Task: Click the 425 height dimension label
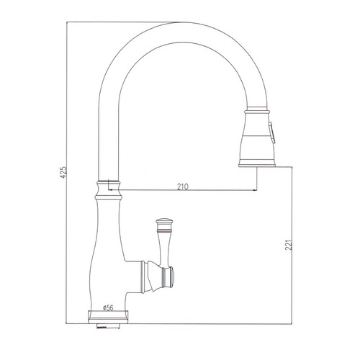coord(63,172)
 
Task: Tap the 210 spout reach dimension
coord(183,186)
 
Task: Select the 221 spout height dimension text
coord(289,245)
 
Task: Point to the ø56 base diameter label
coord(108,307)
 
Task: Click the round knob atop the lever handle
coord(165,221)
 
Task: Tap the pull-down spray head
coord(257,138)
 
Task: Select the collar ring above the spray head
coord(256,112)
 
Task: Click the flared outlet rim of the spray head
coord(257,163)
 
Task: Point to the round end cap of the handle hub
coord(172,277)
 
